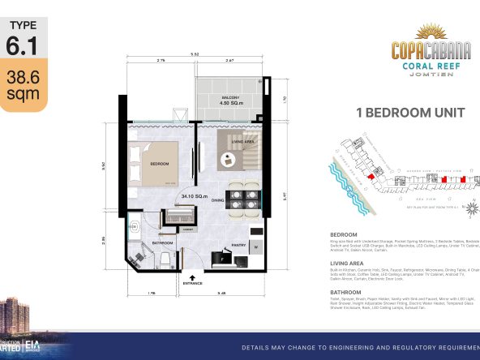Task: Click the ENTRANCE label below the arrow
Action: pyautogui.click(x=193, y=284)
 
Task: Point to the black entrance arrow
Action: pyautogui.click(x=193, y=275)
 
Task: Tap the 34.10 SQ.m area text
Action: pyautogui.click(x=192, y=195)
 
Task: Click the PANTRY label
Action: pyautogui.click(x=238, y=243)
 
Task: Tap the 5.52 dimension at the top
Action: pyautogui.click(x=195, y=54)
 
